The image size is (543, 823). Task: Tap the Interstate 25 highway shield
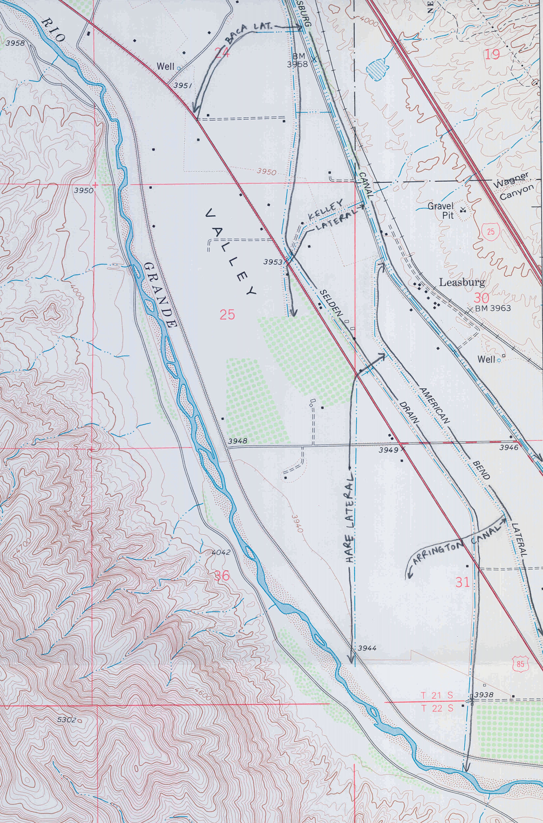coord(491,231)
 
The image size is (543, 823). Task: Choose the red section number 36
coord(222,576)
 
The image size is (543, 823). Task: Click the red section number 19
coord(492,54)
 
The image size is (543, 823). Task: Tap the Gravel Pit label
coord(440,210)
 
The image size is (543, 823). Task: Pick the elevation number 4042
coord(221,552)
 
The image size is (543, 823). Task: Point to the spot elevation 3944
coord(367,648)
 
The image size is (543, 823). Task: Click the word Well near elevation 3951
coord(165,66)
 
